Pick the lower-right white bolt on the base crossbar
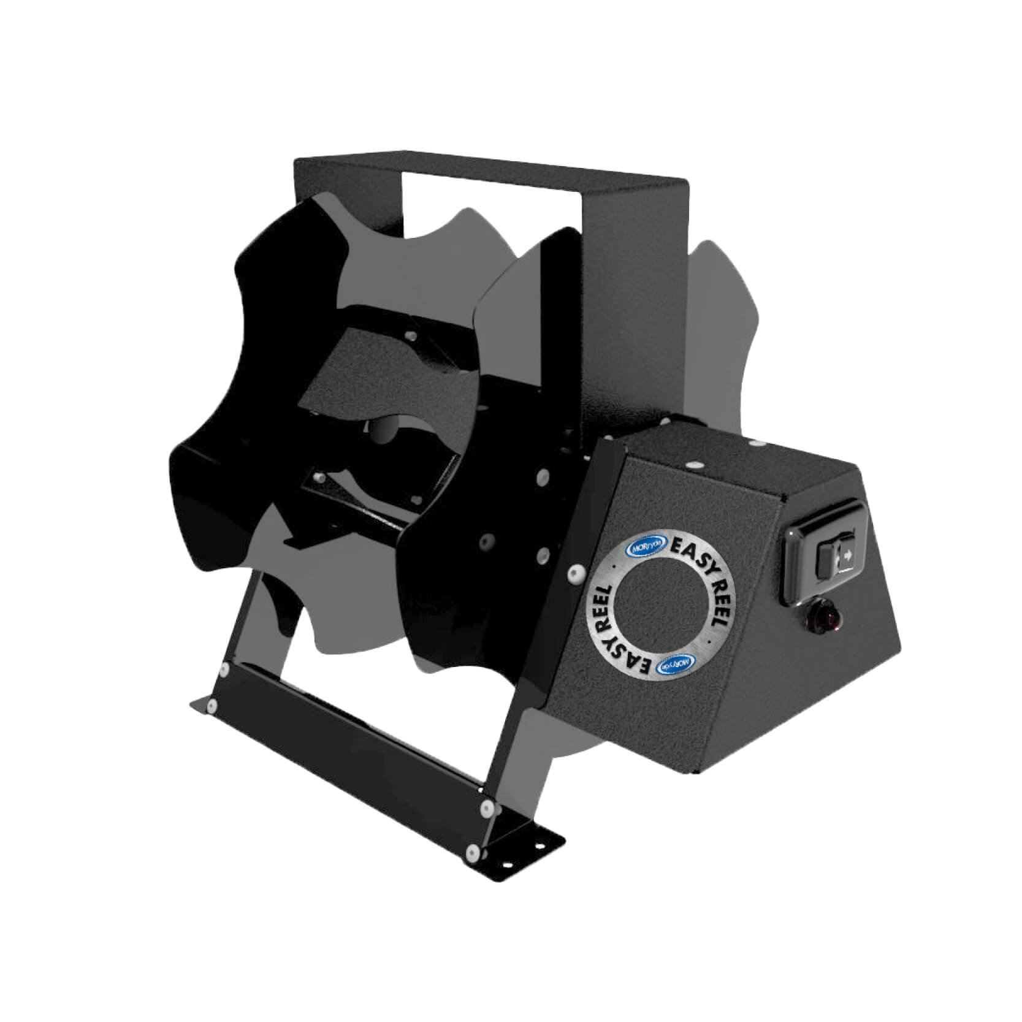pos(472,850)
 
